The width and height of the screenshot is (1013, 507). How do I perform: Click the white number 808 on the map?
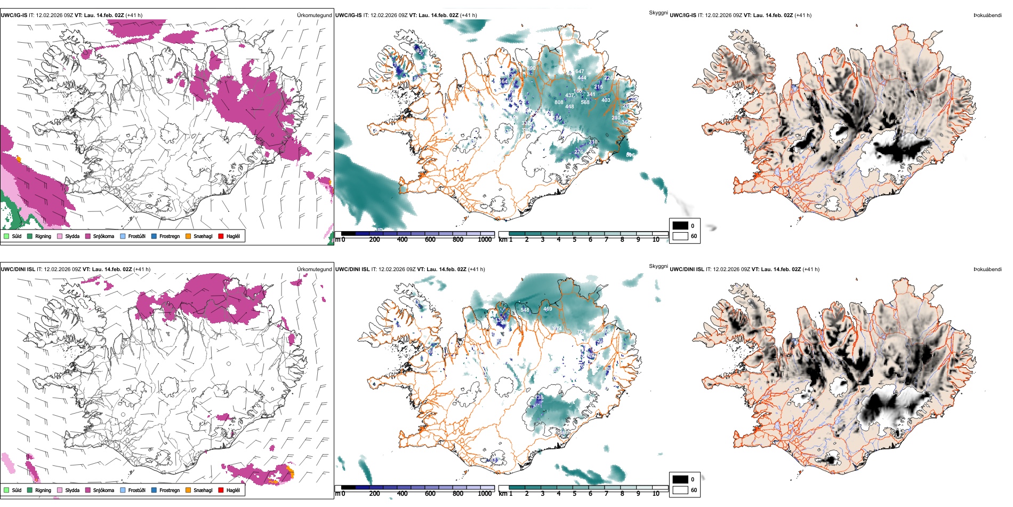coord(559,102)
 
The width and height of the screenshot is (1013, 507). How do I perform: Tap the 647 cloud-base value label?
coord(580,72)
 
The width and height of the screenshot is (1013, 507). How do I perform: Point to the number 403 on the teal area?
coord(606,100)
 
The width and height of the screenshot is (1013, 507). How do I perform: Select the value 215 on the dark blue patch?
coord(598,87)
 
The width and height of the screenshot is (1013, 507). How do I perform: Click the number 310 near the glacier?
coord(593,142)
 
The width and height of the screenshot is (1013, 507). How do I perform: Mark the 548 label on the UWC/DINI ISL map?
coord(525,310)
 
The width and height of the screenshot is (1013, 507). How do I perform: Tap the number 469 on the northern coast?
coord(548,309)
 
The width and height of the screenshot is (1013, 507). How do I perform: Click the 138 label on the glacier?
coord(540,398)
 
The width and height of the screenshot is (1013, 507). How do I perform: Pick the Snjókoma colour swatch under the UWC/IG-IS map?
coord(88,236)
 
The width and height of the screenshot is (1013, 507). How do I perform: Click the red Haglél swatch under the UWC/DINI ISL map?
coord(221,490)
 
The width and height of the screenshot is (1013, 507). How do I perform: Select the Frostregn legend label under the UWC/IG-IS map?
coord(170,236)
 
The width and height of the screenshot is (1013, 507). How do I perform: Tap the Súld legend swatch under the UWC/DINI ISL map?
coord(6,490)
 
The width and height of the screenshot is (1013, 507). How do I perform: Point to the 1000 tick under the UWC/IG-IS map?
coord(485,240)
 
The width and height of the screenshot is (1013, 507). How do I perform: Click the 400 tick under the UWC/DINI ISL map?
coord(402,494)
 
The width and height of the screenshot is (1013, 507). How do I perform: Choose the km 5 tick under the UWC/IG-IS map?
coord(574,240)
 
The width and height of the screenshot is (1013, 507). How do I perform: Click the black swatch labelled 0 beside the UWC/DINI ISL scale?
coord(680,479)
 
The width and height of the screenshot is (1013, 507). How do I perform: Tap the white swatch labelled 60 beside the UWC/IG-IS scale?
coord(680,236)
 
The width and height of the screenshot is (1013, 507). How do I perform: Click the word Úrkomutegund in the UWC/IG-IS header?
coord(314,15)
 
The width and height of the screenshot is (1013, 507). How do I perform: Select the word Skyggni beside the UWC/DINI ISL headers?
coord(658,266)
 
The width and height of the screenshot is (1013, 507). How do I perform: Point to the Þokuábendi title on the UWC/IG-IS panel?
coord(987,15)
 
